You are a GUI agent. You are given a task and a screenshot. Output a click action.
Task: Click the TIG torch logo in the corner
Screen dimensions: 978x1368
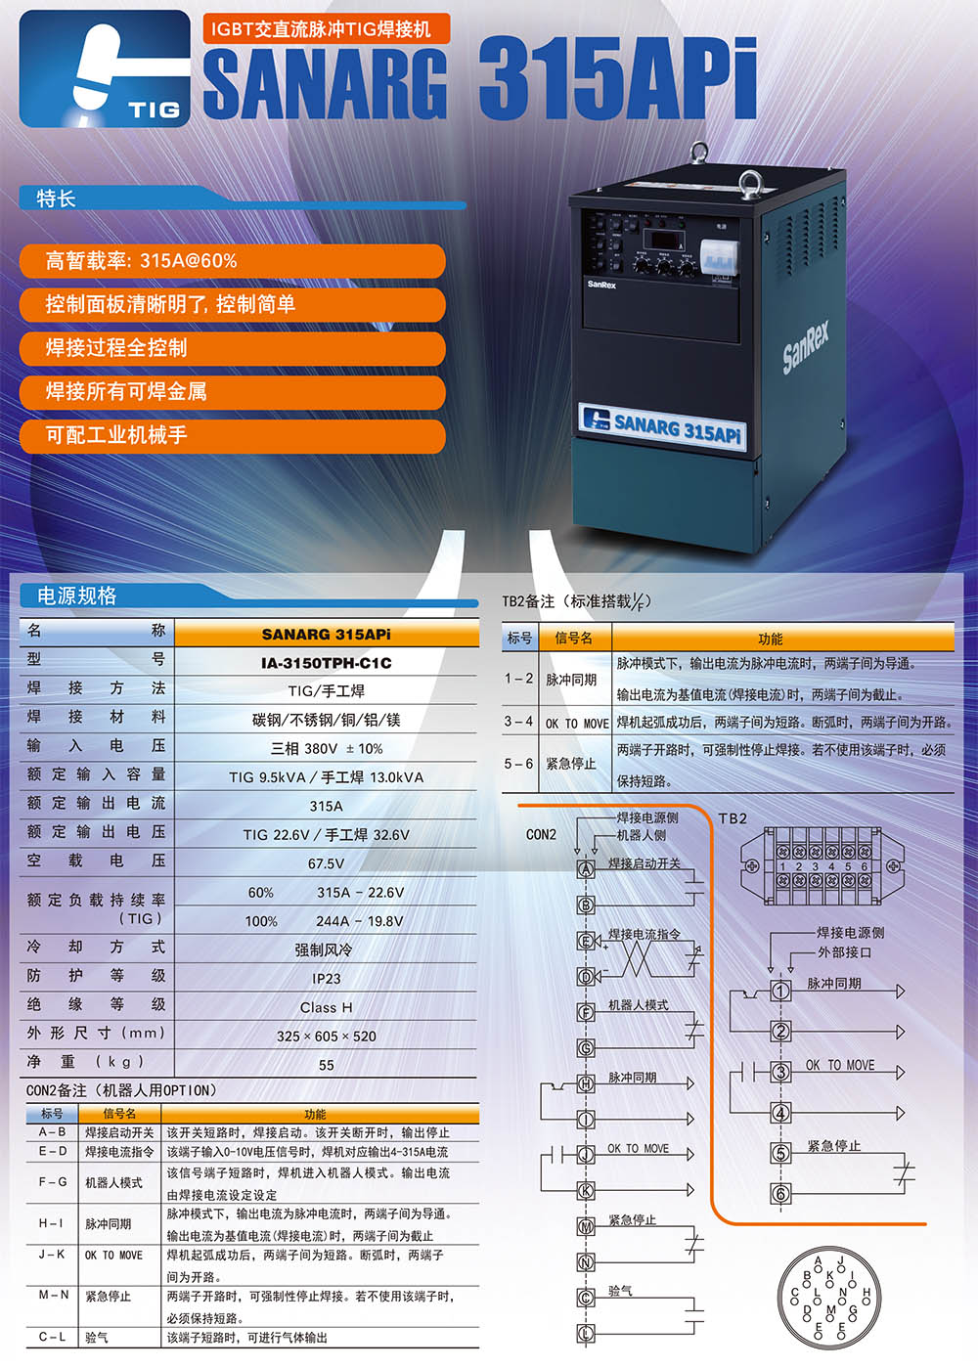click(105, 68)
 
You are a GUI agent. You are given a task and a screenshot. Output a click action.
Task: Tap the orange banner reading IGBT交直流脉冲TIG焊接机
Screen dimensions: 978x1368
click(327, 28)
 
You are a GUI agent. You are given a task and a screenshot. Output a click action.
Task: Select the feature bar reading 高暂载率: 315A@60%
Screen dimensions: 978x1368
click(232, 261)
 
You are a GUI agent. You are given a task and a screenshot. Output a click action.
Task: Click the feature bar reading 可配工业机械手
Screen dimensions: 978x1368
click(232, 435)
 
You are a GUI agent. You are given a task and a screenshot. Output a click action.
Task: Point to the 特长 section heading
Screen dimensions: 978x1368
click(56, 199)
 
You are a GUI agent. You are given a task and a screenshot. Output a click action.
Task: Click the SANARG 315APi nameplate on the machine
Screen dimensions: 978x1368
click(662, 426)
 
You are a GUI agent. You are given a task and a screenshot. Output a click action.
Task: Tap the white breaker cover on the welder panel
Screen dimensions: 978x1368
click(719, 257)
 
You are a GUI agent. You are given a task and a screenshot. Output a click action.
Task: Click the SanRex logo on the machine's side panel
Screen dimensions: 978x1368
click(806, 347)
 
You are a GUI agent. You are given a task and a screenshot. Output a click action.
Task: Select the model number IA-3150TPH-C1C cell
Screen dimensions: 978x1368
click(327, 663)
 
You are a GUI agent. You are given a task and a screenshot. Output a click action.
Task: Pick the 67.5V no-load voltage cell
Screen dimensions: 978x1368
click(327, 863)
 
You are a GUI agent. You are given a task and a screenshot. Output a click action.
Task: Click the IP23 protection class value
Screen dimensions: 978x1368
click(327, 979)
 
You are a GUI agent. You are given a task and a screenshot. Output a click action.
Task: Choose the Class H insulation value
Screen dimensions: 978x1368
click(327, 1007)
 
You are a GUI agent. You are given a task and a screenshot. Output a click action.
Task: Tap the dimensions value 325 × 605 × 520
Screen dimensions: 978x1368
click(327, 1036)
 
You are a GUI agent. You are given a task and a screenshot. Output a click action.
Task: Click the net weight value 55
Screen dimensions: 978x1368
click(327, 1065)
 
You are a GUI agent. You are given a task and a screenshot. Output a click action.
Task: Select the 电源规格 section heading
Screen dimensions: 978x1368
click(77, 596)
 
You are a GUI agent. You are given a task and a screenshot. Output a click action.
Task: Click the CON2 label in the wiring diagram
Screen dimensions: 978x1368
click(541, 834)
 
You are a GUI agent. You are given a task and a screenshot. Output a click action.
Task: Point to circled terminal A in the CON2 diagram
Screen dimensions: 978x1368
click(586, 868)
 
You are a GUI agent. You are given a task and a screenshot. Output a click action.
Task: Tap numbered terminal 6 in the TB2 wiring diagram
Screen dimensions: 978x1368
click(780, 1193)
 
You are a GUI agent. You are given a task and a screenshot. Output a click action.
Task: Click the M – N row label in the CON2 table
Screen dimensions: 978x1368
click(54, 1295)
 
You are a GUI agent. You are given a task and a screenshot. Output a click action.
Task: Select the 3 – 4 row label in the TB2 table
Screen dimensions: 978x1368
click(518, 722)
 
